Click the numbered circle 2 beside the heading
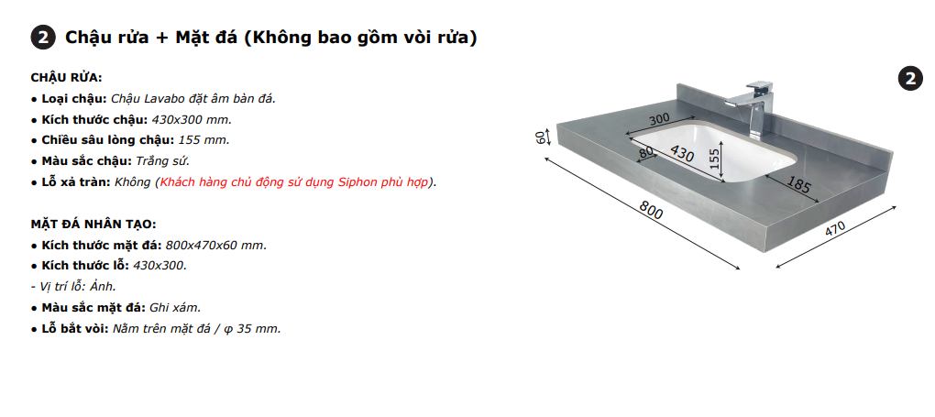click(42, 38)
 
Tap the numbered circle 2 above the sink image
click(908, 79)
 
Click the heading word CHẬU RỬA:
click(66, 77)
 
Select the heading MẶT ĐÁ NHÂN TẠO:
click(93, 224)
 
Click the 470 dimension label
click(834, 230)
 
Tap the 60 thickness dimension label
click(541, 137)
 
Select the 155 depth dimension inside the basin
click(715, 159)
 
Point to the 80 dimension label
click(647, 153)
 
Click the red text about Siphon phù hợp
click(297, 181)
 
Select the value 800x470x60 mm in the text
click(215, 245)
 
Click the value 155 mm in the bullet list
click(203, 139)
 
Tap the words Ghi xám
click(174, 307)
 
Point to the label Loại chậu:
click(74, 98)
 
